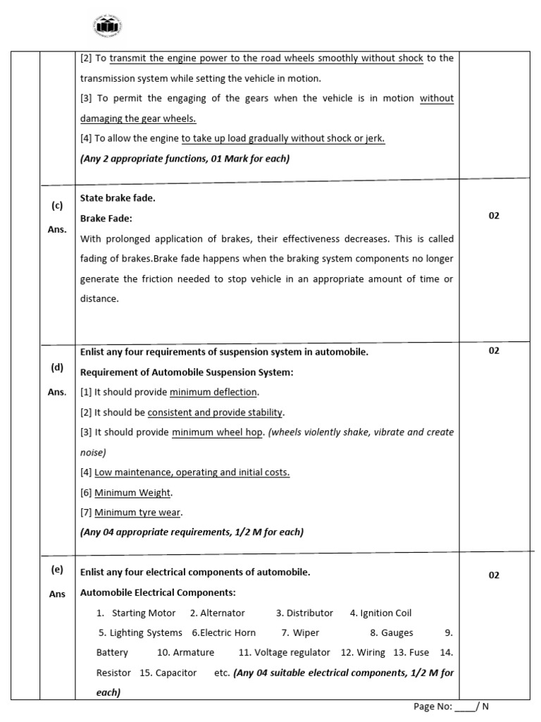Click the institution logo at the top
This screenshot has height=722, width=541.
pos(108,27)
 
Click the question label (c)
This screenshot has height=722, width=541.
pos(57,206)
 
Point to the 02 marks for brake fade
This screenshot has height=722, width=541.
pos(493,216)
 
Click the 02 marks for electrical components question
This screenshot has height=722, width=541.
pos(493,575)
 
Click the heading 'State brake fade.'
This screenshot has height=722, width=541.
pos(118,198)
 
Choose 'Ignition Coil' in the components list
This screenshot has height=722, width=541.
pos(385,613)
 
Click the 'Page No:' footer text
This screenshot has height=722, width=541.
pos(432,706)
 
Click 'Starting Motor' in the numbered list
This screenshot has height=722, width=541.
pos(144,613)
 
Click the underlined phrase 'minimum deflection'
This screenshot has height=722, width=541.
pos(214,392)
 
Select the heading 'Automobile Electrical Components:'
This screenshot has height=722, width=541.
pos(158,592)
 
